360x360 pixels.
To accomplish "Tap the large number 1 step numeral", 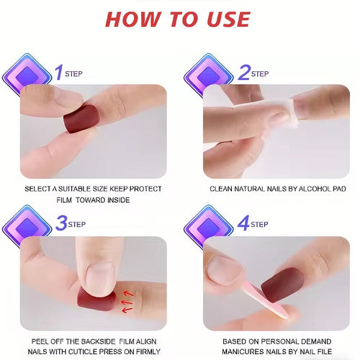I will point(59,72).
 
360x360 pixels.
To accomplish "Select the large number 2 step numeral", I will point(244,72).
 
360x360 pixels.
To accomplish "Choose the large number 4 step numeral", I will point(244,225).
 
